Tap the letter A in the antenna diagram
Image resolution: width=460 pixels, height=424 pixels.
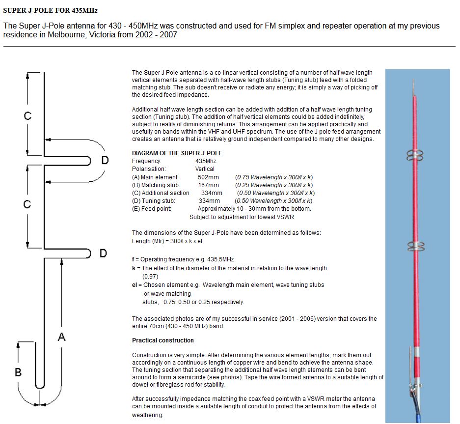pos(62,337)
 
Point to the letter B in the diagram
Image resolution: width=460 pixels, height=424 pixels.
pos(18,372)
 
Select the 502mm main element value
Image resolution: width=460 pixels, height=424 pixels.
pos(208,177)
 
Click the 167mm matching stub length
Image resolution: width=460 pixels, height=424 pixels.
pos(208,185)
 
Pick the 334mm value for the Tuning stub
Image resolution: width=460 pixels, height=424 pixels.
pos(209,200)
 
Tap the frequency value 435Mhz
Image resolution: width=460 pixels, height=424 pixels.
pos(206,161)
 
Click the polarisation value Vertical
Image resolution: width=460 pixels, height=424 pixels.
pos(205,169)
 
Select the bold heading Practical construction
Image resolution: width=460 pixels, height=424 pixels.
pos(163,340)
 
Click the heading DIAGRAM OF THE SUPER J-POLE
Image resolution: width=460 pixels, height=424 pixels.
pos(177,153)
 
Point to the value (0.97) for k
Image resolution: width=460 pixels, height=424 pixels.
pos(150,276)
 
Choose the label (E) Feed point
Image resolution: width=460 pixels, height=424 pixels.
pos(152,208)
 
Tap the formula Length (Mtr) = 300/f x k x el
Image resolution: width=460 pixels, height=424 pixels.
pos(167,241)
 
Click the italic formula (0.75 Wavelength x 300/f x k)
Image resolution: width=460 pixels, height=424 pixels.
pos(274,177)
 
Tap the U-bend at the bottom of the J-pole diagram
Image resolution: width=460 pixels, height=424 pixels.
pos(40,401)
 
